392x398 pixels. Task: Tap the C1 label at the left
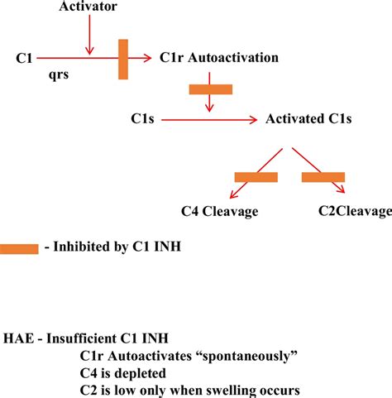(25, 58)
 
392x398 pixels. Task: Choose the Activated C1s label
(308, 119)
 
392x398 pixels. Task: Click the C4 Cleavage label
(220, 211)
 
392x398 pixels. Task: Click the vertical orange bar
(123, 59)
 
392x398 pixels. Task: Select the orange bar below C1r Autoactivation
(211, 89)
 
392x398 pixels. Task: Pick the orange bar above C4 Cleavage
(256, 176)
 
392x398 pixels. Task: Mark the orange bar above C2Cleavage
(323, 176)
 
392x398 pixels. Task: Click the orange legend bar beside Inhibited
(19, 249)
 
